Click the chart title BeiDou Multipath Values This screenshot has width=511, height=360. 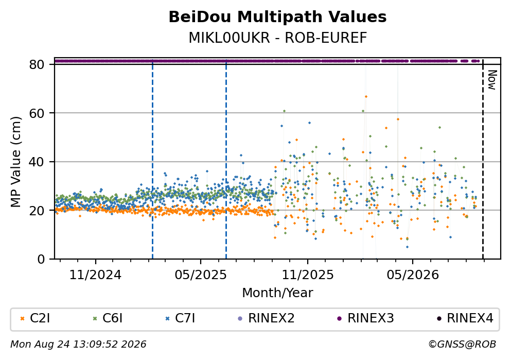click(277, 17)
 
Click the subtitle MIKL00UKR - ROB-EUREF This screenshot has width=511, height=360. click(278, 38)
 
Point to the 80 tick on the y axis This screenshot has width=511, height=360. click(37, 64)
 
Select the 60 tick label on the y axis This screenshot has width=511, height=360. click(37, 113)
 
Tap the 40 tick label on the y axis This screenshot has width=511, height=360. click(37, 162)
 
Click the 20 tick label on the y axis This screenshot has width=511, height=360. click(37, 210)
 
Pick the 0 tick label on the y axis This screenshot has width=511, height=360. click(41, 259)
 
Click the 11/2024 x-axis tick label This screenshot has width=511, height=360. click(95, 275)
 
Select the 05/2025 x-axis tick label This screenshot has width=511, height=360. click(200, 275)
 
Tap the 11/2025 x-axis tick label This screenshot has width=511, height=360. click(308, 275)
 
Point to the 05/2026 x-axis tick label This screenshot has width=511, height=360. click(413, 275)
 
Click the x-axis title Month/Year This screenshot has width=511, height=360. click(277, 293)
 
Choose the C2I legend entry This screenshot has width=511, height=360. click(35, 318)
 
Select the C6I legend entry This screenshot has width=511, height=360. click(108, 318)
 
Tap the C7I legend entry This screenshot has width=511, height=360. click(180, 318)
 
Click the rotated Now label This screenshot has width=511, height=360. click(492, 80)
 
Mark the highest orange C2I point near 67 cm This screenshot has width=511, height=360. click(366, 96)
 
